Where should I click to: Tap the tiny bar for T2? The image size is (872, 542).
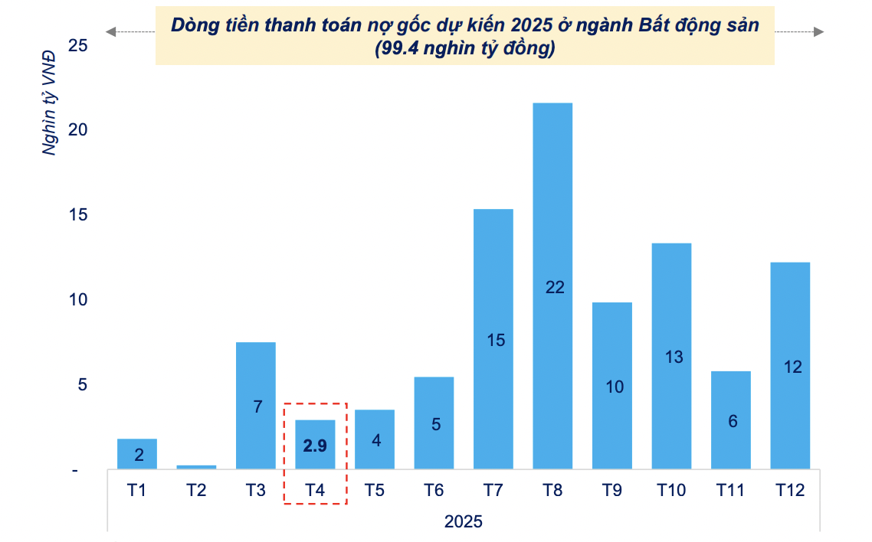point(196,466)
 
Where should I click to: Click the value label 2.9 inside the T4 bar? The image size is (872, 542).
point(315,446)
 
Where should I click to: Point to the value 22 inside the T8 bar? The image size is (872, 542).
point(554,287)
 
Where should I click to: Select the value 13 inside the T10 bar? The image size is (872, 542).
point(674,357)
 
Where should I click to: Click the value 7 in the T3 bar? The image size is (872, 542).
point(257,406)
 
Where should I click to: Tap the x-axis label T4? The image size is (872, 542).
point(315,491)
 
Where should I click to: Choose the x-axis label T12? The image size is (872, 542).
point(789,491)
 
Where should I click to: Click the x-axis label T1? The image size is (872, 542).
point(136,491)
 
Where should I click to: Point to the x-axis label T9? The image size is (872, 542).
point(611,491)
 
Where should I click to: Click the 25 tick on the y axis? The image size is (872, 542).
point(78,46)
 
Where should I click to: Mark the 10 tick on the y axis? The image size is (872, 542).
point(78,300)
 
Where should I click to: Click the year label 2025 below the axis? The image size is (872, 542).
point(463,522)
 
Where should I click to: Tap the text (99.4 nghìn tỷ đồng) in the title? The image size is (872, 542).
point(464,49)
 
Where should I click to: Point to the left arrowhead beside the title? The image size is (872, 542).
point(111,31)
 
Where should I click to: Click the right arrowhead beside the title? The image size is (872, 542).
point(818,31)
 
